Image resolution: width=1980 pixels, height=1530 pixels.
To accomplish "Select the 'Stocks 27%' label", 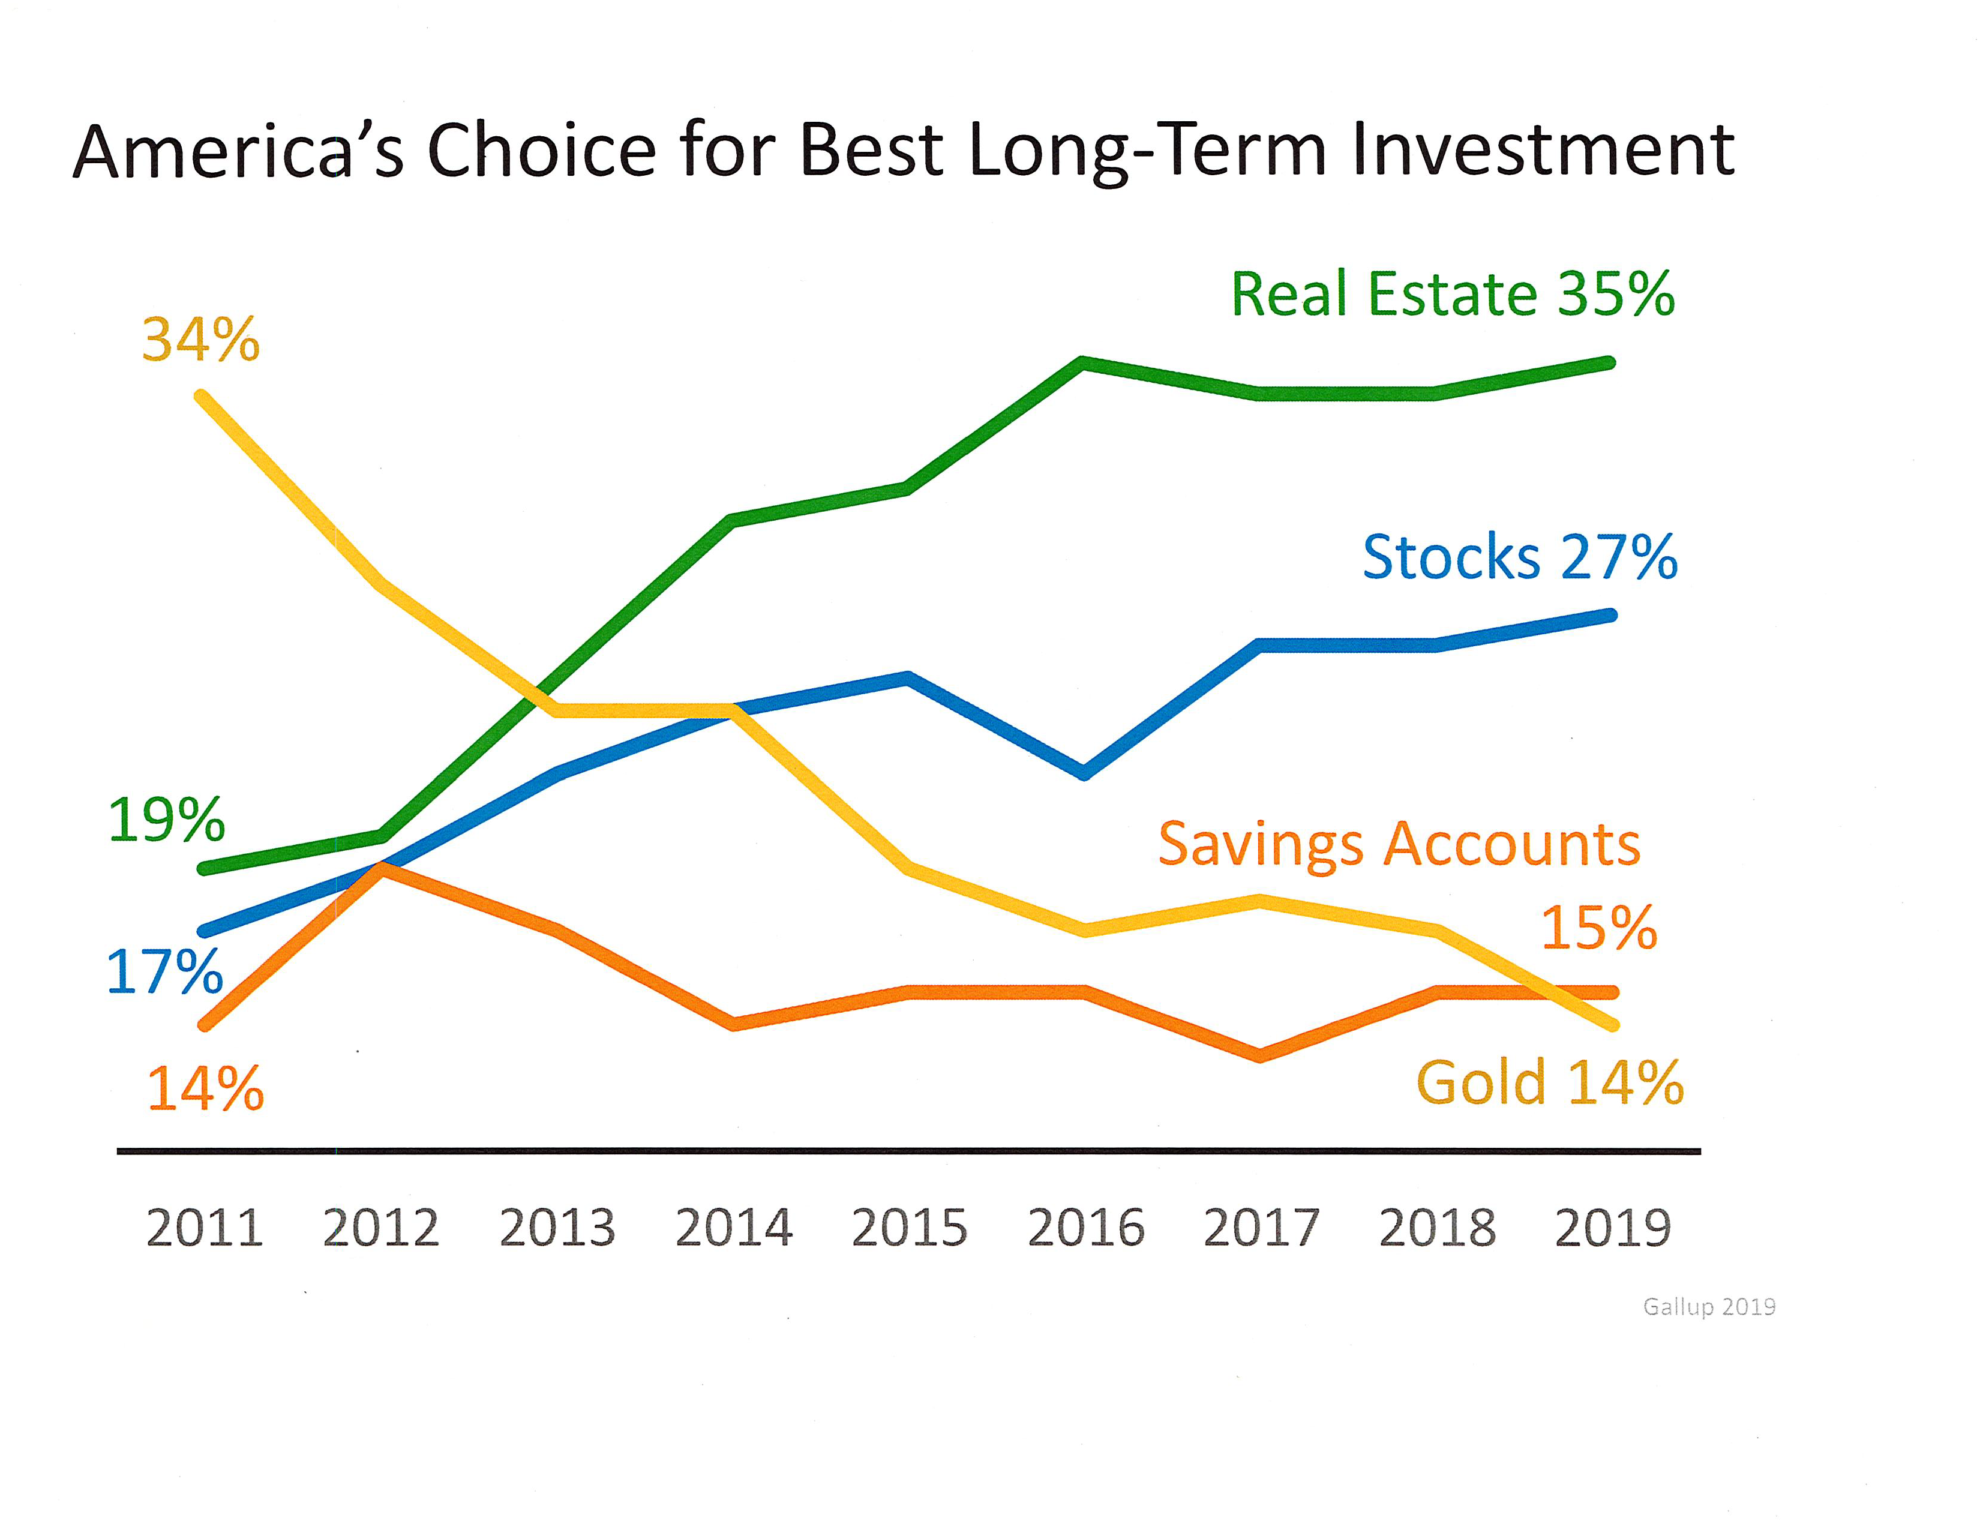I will (x=1519, y=557).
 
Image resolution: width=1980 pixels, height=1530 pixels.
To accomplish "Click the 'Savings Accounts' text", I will (x=1399, y=845).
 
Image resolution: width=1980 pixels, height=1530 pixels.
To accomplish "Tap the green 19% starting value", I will (x=166, y=820).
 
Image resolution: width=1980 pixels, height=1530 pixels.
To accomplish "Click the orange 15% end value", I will (x=1599, y=928).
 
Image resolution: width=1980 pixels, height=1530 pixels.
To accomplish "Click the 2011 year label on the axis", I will (x=205, y=1228).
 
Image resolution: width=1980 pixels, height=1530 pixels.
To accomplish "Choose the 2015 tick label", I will (x=910, y=1228).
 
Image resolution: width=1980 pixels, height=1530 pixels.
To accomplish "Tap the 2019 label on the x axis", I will (x=1613, y=1228).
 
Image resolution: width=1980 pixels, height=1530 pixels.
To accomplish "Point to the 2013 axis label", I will (x=557, y=1228).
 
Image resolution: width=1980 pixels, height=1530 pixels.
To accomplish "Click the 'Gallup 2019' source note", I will (x=1709, y=1306).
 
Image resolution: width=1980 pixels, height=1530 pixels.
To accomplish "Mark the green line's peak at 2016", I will (x=1084, y=362).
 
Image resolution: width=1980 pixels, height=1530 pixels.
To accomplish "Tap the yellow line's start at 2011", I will (x=201, y=395).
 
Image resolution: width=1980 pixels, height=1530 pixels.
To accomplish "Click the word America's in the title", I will (x=238, y=151).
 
